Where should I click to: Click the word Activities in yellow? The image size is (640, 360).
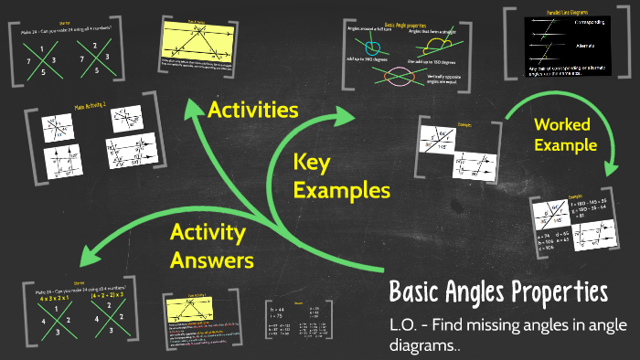coord(253,111)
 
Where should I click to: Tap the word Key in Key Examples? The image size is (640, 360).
coord(311,164)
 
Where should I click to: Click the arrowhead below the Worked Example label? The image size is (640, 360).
coord(609,168)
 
